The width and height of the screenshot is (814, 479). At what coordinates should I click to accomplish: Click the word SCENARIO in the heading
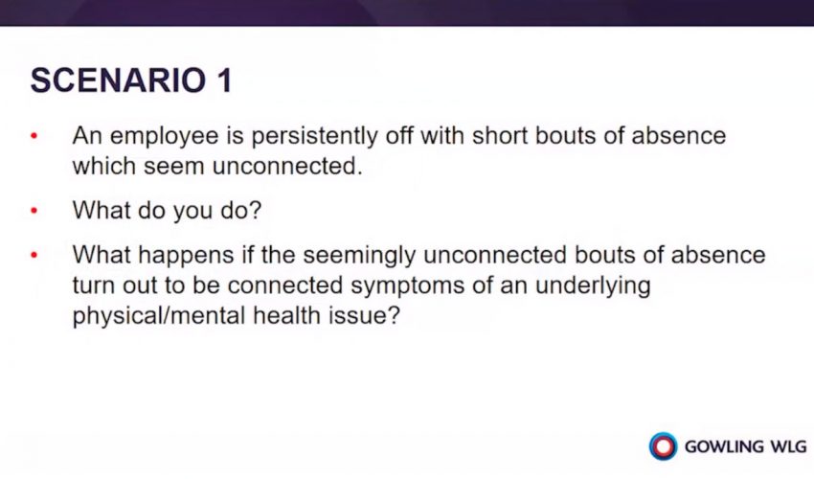click(x=118, y=80)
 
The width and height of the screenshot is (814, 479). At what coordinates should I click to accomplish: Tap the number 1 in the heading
click(x=224, y=80)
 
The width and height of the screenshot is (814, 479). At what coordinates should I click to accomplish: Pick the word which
click(x=103, y=167)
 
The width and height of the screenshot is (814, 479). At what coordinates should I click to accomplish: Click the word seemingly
click(x=359, y=256)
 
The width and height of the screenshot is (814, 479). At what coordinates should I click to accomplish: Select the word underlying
click(x=593, y=286)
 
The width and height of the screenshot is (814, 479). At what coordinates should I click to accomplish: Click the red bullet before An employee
click(x=34, y=137)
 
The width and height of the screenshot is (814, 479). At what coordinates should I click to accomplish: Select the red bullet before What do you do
click(x=34, y=211)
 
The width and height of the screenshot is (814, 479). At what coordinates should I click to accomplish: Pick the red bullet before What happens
click(x=34, y=256)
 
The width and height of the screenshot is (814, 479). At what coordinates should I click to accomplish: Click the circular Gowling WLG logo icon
click(x=663, y=446)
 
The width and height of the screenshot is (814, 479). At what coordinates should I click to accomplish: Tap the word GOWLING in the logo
click(x=724, y=446)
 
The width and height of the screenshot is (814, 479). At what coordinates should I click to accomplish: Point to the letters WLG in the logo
click(x=788, y=446)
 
